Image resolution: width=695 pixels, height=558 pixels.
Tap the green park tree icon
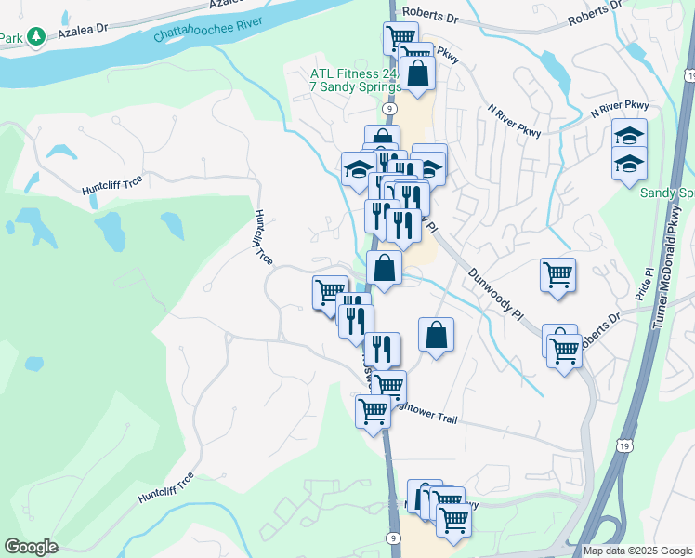point(36,37)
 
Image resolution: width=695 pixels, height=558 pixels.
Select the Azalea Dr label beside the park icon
point(84,33)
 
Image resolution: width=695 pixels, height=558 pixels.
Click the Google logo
point(30,547)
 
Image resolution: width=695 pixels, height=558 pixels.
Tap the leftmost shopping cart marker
point(330,292)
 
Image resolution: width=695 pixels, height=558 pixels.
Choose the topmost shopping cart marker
point(400,37)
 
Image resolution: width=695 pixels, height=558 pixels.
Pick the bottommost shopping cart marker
point(453,518)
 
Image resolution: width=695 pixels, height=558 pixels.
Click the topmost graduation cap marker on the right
point(629,136)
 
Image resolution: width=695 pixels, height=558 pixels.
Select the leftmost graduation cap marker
point(358,168)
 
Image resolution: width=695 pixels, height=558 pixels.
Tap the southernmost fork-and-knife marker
point(382,349)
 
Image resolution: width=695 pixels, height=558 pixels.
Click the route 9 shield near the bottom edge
point(394,538)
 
